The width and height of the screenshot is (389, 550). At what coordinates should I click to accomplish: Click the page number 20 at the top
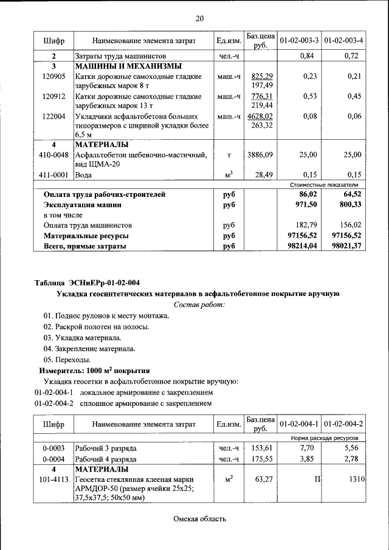click(x=200, y=18)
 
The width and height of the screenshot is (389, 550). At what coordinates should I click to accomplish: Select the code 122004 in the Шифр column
click(x=54, y=116)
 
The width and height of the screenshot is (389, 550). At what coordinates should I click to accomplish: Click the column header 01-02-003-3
click(x=299, y=41)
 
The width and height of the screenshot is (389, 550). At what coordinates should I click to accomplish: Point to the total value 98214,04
click(x=301, y=246)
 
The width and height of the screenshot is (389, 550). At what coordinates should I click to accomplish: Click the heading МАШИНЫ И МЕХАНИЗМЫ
click(x=129, y=66)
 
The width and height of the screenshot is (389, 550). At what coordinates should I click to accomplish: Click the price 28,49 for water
click(x=264, y=174)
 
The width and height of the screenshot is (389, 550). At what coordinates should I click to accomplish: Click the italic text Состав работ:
click(x=199, y=304)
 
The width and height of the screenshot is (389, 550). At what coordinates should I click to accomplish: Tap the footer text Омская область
click(x=199, y=518)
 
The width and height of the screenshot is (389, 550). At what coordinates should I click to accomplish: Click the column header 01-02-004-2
click(x=343, y=424)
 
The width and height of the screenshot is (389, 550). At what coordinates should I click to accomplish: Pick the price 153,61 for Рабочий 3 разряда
click(x=260, y=448)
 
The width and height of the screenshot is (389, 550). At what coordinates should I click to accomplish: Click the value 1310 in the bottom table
click(x=356, y=480)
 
